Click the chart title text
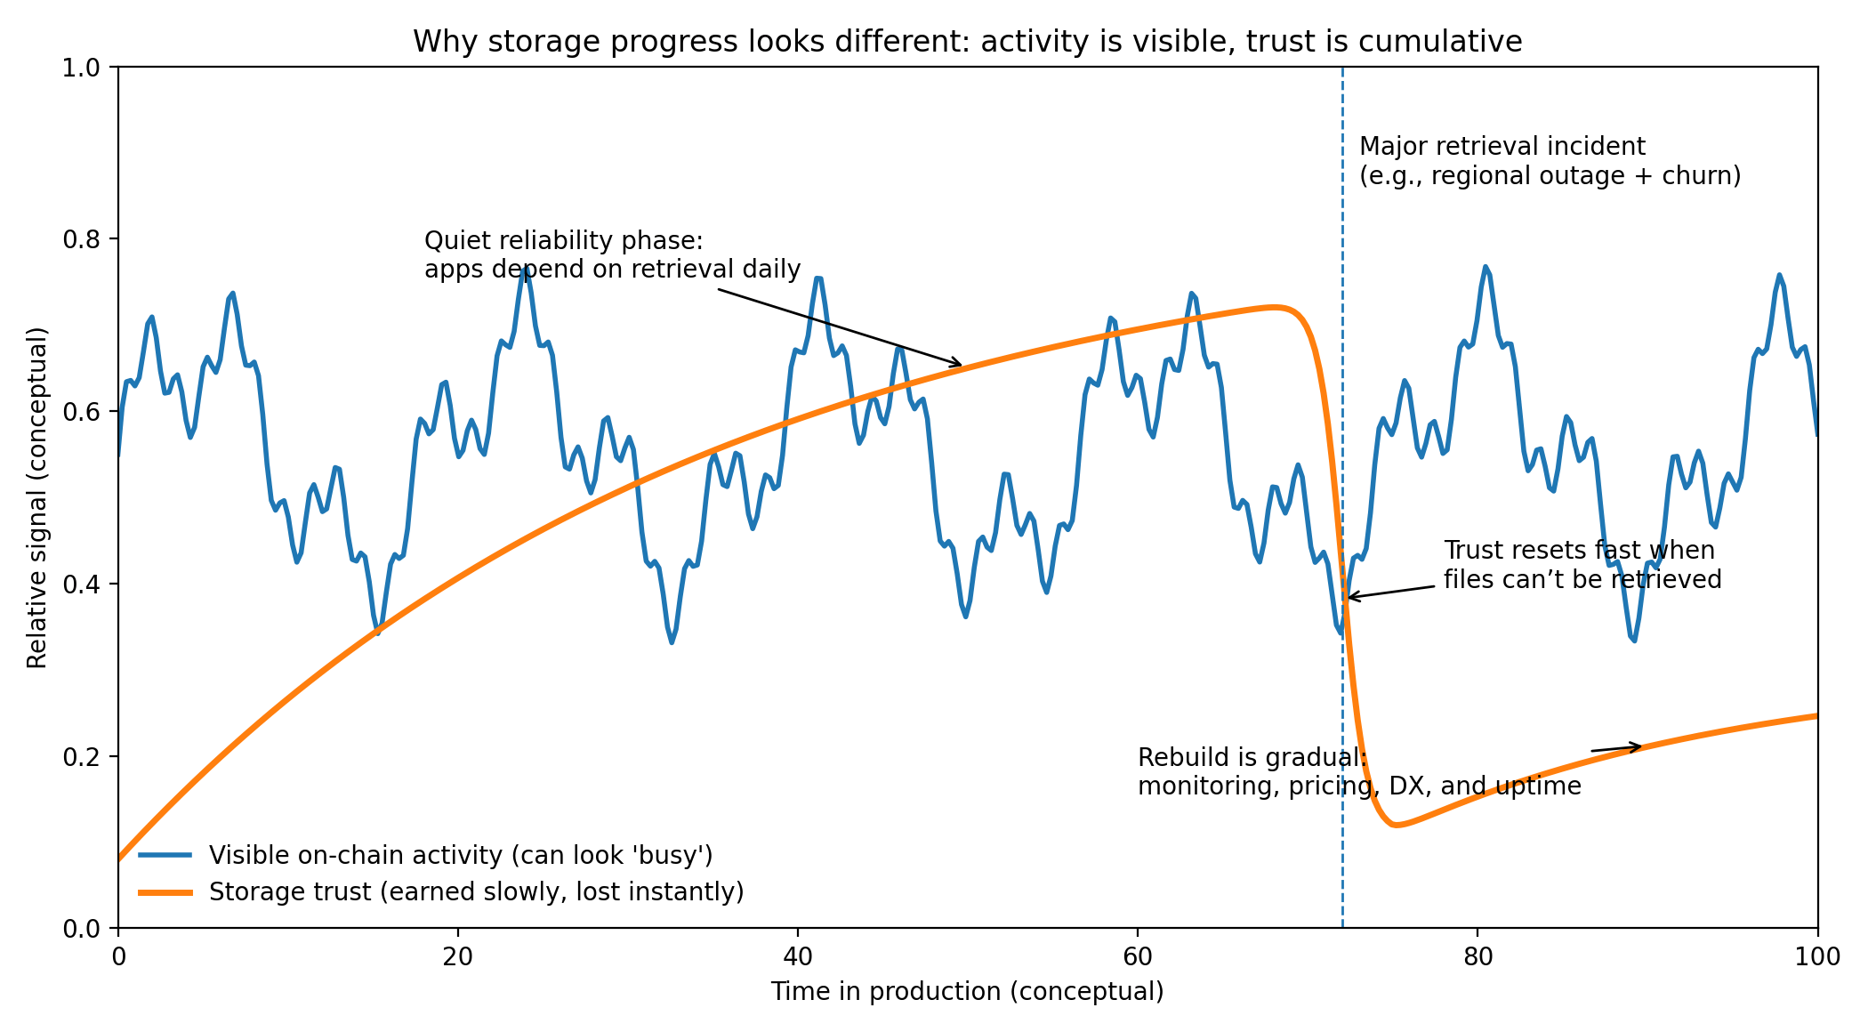pos(967,42)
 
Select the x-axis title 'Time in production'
pos(967,991)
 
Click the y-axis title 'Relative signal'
pos(37,497)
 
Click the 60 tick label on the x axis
pos(1138,956)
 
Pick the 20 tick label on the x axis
pos(458,956)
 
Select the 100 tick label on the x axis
pos(1817,956)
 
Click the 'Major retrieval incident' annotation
pos(1550,161)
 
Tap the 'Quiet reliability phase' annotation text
pos(612,254)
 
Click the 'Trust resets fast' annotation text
pos(1582,565)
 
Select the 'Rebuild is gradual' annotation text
pos(1359,771)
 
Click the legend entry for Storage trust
pos(476,891)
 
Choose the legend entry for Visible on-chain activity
pos(460,855)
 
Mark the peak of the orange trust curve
pos(1275,308)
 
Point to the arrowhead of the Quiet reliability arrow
pos(961,365)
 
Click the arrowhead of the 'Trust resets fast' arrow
pos(1349,598)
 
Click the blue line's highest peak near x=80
pos(1486,266)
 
